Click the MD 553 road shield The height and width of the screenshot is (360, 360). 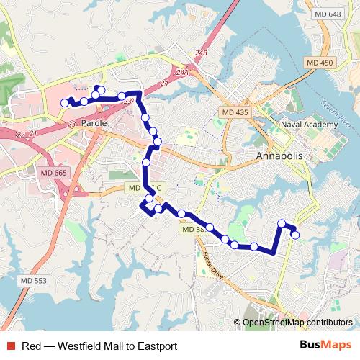pyautogui.click(x=34, y=280)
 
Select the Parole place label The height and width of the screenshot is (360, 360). pyautogui.click(x=94, y=124)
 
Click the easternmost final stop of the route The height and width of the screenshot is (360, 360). pyautogui.click(x=295, y=234)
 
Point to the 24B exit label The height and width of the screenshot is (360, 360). pyautogui.click(x=199, y=53)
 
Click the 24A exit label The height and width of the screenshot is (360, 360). pyautogui.click(x=181, y=72)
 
